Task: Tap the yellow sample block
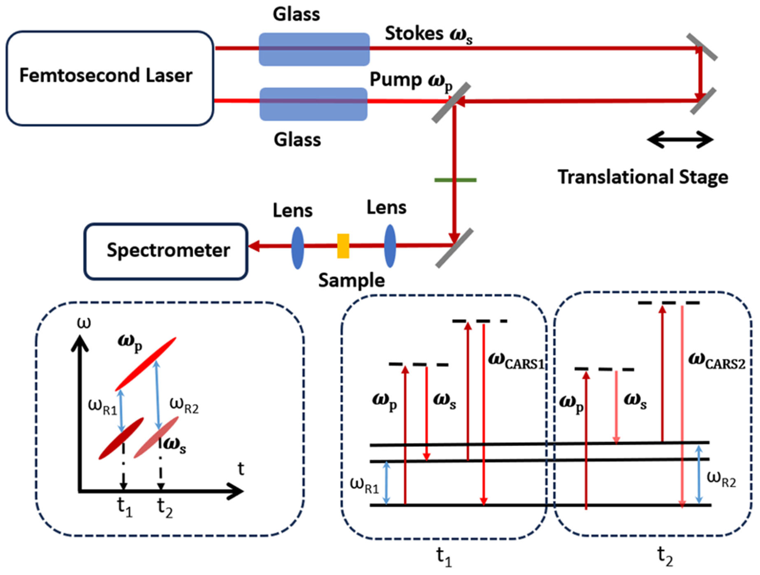343,246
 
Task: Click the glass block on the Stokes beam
314,49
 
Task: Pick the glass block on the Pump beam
313,104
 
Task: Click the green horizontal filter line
455,180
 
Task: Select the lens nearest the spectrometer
297,248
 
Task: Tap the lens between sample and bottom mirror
390,246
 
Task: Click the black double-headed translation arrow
680,140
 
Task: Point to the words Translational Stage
643,177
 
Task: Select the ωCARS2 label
717,362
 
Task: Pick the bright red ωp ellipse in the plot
146,364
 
